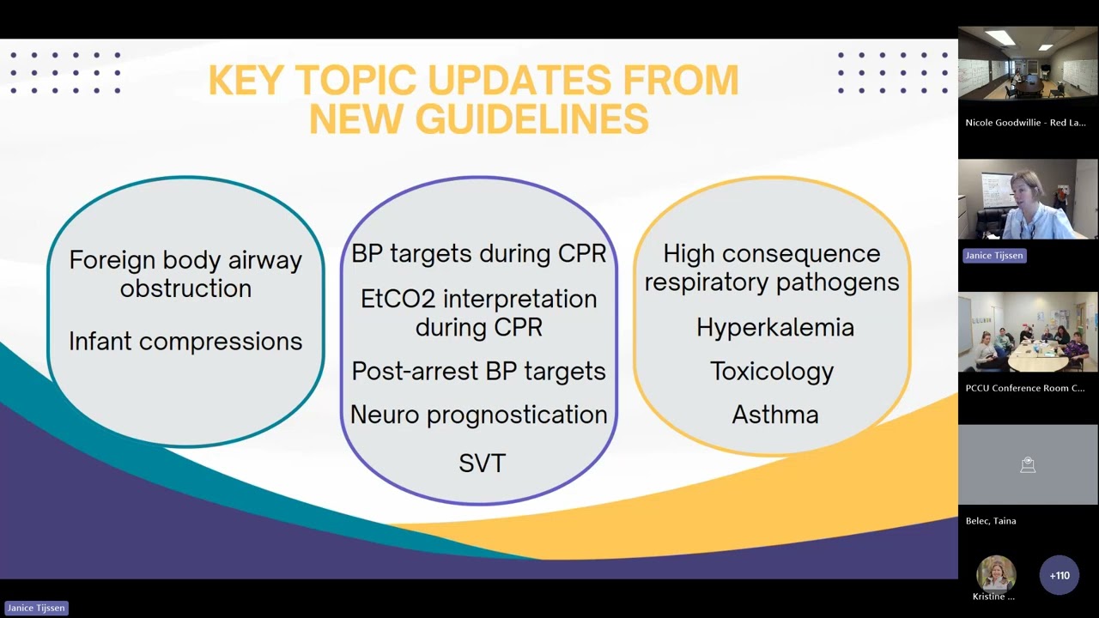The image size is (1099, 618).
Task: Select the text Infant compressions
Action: coord(185,342)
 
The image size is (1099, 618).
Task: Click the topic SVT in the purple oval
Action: coord(482,463)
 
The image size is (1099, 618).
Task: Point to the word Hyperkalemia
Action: coord(774,328)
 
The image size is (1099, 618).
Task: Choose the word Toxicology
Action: coord(771,371)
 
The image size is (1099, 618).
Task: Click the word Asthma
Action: coord(774,415)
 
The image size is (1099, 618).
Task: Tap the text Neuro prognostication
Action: coord(478,415)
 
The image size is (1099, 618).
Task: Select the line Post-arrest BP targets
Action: coord(478,371)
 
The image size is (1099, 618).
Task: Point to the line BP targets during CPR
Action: coord(478,254)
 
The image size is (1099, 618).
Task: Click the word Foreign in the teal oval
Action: coord(112,260)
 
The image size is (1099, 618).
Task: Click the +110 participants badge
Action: coord(1059,575)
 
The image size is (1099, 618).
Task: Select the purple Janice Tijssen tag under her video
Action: coord(993,256)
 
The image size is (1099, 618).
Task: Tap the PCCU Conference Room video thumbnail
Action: coord(1028,332)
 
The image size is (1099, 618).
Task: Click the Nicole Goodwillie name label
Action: coord(1024,123)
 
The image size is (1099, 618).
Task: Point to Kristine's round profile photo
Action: coord(996,573)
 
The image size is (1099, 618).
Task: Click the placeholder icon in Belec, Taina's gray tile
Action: coord(1028,465)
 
